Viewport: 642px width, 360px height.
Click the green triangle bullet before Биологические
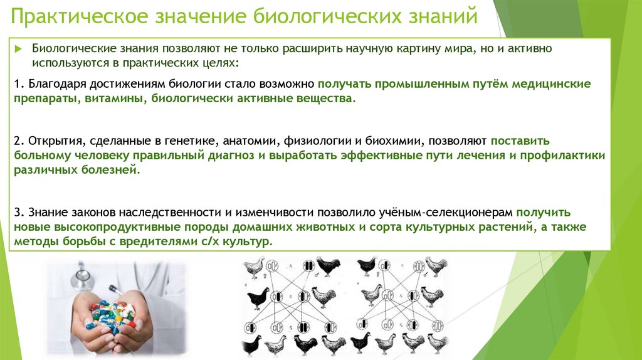pyautogui.click(x=19, y=49)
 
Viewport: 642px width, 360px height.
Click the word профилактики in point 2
pyautogui.click(x=569, y=156)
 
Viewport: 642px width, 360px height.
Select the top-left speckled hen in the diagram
pyautogui.click(x=254, y=267)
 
